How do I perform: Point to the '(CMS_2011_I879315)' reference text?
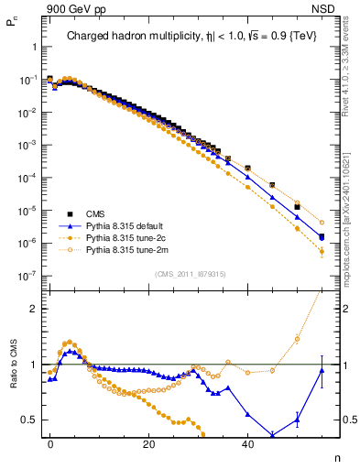point(191,274)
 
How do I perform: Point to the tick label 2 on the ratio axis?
point(34,309)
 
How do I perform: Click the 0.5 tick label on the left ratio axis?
point(30,420)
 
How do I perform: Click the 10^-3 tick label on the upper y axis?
point(28,146)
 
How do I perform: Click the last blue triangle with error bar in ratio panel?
point(322,370)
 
